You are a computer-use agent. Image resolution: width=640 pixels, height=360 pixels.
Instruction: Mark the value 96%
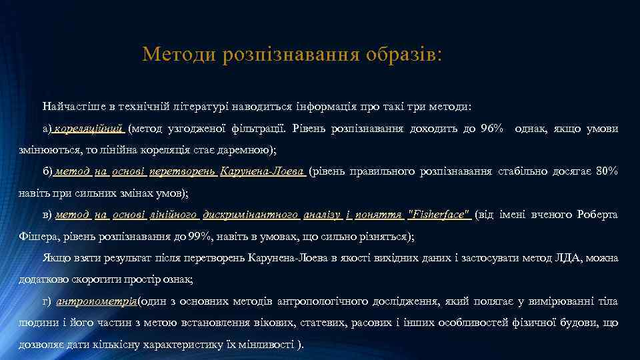pos(492,129)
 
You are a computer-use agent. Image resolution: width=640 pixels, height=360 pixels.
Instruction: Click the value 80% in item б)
pos(607,172)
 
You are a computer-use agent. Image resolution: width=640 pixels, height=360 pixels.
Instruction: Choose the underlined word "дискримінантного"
pos(251,215)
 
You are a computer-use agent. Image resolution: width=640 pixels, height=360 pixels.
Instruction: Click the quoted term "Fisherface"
pos(439,215)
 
